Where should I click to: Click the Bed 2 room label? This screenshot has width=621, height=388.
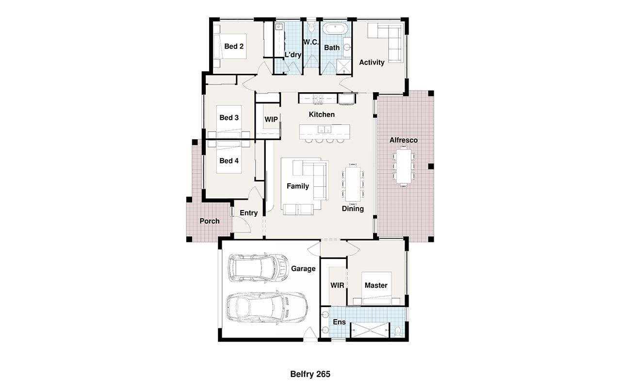(x=234, y=46)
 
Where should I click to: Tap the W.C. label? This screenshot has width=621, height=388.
(x=311, y=42)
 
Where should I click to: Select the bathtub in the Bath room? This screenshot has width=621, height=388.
(x=335, y=29)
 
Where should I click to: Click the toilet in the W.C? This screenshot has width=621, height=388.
(x=311, y=27)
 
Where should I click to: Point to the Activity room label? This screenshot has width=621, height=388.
(x=372, y=63)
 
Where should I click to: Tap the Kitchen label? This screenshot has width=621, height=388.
(x=322, y=114)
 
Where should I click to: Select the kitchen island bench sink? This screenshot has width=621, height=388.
(x=325, y=129)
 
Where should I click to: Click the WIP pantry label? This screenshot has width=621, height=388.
(x=271, y=119)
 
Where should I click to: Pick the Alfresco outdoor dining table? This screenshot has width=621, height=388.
(x=404, y=166)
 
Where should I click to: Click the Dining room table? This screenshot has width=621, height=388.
(x=353, y=184)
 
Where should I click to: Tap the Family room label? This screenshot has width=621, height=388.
(x=298, y=186)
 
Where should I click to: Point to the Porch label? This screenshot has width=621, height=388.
(x=210, y=221)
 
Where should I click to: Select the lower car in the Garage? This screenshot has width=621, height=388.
(x=267, y=307)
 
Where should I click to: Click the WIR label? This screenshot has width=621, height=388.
(x=337, y=285)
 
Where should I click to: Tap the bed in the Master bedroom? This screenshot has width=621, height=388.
(x=376, y=288)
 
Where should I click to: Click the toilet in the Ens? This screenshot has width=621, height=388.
(x=398, y=332)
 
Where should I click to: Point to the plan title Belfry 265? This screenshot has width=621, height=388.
(x=310, y=374)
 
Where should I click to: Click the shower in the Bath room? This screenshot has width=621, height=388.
(x=344, y=67)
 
